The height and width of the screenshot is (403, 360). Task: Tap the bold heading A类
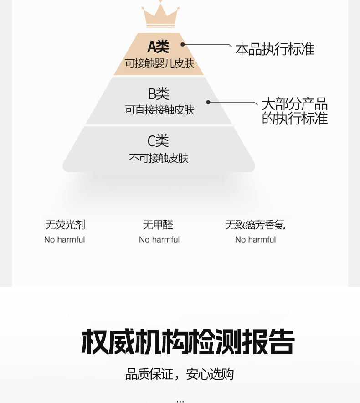[x=158, y=46]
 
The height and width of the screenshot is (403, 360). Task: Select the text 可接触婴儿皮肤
[x=159, y=63]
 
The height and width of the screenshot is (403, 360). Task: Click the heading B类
[x=159, y=94]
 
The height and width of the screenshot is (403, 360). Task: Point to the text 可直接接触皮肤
[x=159, y=110]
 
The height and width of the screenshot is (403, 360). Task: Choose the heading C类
[x=158, y=141]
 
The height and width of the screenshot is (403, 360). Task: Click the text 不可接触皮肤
[x=159, y=158]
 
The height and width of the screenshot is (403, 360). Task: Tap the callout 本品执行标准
[x=275, y=49]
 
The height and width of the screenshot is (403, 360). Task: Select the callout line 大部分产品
[x=294, y=104]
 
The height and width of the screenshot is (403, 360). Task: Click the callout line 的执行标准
[x=294, y=119]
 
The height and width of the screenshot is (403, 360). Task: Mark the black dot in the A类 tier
[x=183, y=45]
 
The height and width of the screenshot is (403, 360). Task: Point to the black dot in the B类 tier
[x=208, y=102]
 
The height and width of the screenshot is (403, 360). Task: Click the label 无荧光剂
[x=65, y=225]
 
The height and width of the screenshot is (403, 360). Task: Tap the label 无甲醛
[x=158, y=225]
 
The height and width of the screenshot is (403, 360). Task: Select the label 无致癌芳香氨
[x=255, y=225]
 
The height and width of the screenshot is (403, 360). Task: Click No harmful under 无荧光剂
[x=65, y=240]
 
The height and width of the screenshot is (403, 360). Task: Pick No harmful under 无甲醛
[x=159, y=240]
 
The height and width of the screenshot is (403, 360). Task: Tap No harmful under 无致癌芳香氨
[x=255, y=240]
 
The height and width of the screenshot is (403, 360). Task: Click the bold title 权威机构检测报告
[x=188, y=342]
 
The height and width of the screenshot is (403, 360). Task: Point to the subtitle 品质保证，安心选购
[x=180, y=374]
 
